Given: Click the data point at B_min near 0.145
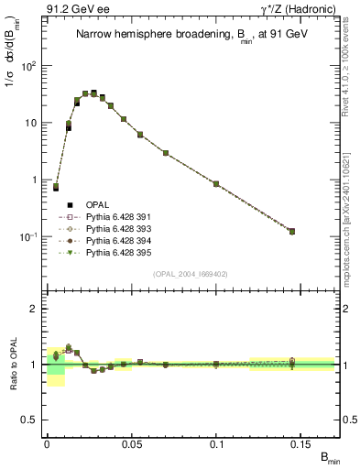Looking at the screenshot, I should (292, 231).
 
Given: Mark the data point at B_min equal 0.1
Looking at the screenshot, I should (216, 183).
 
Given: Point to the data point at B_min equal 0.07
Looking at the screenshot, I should (166, 152).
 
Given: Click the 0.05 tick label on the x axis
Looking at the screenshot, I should (131, 442).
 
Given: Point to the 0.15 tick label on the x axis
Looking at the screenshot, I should (300, 442).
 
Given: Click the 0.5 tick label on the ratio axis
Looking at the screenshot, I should (33, 420).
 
